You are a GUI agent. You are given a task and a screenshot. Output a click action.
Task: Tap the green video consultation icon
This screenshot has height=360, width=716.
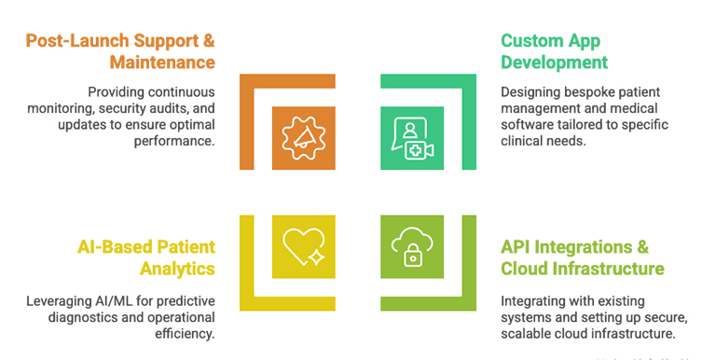[x=413, y=137]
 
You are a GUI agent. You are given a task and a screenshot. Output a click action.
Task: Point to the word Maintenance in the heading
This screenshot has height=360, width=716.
[x=162, y=63]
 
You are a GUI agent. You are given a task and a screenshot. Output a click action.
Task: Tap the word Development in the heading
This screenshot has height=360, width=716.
[x=554, y=63]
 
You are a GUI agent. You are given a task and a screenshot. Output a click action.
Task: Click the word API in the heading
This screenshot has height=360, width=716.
[x=518, y=247]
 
